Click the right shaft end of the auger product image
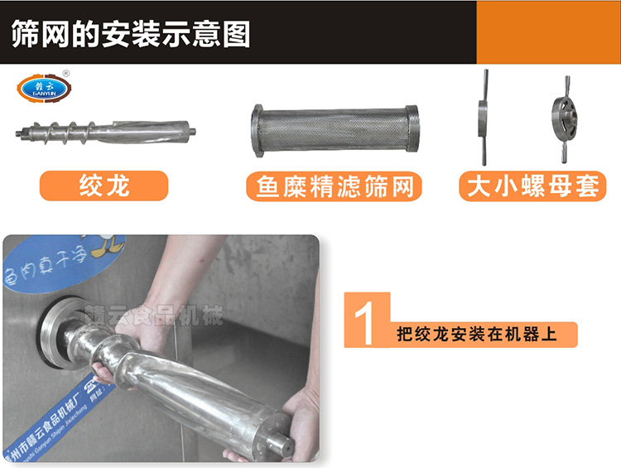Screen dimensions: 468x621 (x=196, y=129)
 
